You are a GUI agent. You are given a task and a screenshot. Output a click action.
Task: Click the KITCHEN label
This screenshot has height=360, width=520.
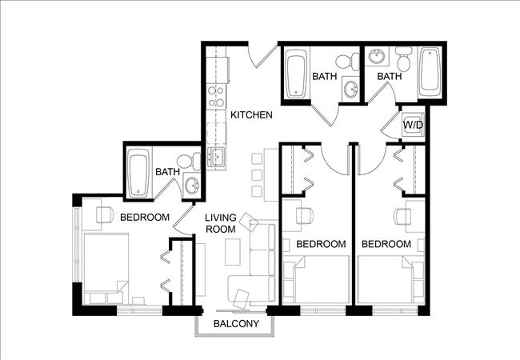tap(252, 115)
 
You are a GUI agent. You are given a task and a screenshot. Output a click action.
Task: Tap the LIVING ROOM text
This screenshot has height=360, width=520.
tap(220, 223)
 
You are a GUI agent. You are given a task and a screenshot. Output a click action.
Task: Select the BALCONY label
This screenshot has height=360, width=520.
tap(236, 324)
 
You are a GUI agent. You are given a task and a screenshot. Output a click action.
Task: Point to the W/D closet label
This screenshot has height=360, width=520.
tap(413, 125)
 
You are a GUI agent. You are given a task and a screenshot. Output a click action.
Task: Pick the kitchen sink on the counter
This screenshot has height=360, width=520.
tap(215, 157)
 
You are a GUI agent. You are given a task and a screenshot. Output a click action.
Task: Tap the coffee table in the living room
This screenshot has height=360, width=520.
tap(231, 251)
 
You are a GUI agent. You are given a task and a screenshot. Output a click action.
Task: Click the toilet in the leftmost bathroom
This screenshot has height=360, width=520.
tap(188, 162)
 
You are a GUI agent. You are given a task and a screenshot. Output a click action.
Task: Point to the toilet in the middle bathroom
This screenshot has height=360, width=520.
tap(345, 61)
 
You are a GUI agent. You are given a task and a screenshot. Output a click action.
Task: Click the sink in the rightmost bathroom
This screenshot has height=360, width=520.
tap(377, 58)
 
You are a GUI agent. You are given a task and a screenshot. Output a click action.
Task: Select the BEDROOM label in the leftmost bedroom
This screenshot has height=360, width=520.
tap(145, 217)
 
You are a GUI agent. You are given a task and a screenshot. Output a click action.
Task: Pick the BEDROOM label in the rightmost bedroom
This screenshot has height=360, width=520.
tap(386, 244)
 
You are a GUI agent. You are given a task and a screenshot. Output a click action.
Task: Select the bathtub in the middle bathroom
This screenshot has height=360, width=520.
tap(297, 74)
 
